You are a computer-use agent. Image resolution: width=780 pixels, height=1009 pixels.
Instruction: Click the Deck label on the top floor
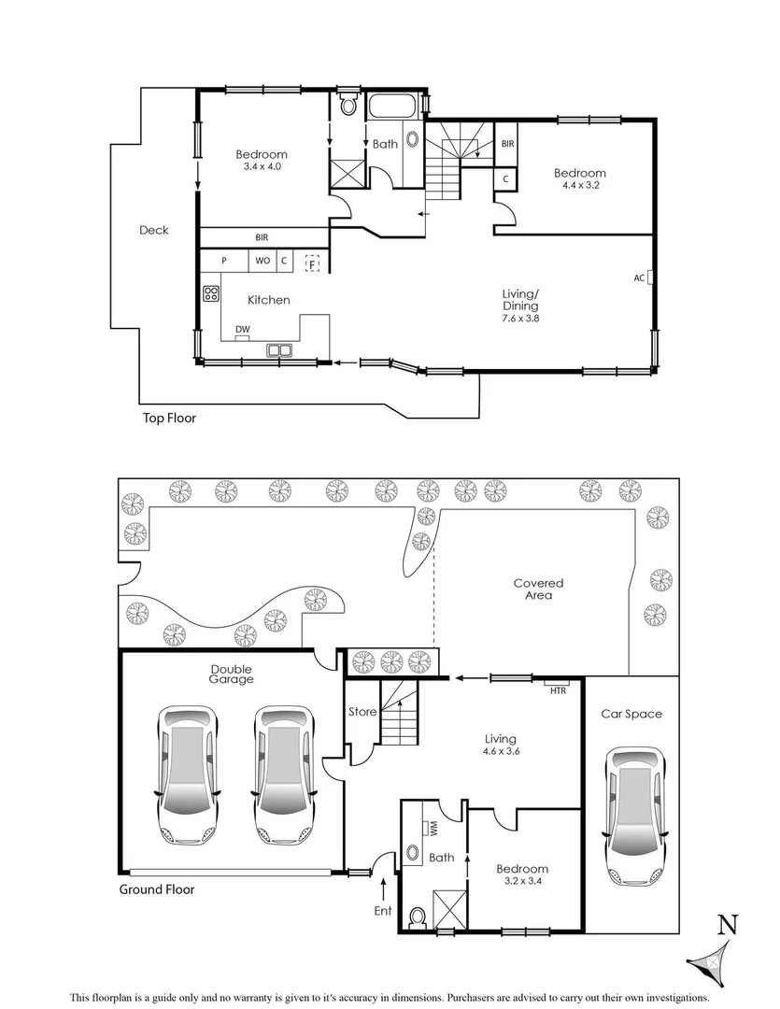click(154, 230)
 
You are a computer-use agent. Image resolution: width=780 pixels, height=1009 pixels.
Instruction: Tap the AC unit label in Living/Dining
click(639, 277)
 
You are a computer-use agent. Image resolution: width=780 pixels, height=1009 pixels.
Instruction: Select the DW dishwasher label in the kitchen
click(242, 329)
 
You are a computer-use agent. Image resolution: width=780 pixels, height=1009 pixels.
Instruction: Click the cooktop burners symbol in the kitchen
click(210, 293)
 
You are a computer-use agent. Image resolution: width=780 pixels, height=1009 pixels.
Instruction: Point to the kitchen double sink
click(278, 352)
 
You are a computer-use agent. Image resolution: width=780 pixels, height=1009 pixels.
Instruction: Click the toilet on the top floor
click(348, 105)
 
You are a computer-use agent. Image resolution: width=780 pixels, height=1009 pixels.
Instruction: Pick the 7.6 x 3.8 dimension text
click(521, 319)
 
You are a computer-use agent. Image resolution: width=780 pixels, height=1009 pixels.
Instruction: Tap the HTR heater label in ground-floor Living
click(559, 689)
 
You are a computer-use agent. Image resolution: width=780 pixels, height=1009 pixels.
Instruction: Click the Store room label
click(362, 712)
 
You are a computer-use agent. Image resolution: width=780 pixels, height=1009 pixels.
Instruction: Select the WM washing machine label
click(434, 827)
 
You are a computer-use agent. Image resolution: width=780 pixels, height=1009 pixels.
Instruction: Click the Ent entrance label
click(384, 911)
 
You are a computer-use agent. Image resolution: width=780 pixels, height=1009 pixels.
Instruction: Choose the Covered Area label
click(539, 589)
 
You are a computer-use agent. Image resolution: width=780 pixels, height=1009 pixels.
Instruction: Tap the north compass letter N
click(728, 925)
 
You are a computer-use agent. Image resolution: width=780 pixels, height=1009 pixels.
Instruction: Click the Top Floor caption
click(168, 419)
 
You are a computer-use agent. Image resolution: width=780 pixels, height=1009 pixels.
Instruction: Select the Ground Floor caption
click(157, 889)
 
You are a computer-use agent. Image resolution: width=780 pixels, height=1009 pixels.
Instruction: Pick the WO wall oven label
click(262, 262)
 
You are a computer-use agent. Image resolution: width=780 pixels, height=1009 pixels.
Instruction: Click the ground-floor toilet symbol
click(418, 916)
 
